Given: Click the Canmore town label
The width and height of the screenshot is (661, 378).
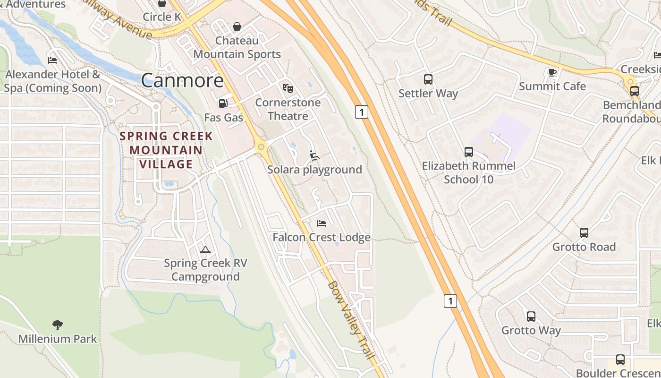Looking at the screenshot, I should (x=182, y=80).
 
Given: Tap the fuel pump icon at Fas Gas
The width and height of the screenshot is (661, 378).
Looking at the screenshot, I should (x=223, y=103).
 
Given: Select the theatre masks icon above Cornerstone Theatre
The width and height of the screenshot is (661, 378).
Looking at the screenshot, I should (x=288, y=88).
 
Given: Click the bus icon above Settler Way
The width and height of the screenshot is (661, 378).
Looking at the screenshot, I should (x=428, y=79).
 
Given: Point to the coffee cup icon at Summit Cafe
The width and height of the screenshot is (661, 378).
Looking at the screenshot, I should (x=552, y=72).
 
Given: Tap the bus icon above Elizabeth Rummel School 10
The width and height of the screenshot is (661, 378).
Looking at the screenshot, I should (x=468, y=152).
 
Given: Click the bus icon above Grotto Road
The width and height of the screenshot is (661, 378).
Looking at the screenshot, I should (x=584, y=232).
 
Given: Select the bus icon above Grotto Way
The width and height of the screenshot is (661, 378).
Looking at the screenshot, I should (x=531, y=316).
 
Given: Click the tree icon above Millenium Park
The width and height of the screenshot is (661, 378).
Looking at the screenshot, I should (x=58, y=325).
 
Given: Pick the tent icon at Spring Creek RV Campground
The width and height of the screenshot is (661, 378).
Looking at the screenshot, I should (x=205, y=249).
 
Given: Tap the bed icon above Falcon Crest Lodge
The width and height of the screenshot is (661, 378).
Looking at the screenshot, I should (x=322, y=223).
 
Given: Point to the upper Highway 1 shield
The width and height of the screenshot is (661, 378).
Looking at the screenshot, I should (x=361, y=112).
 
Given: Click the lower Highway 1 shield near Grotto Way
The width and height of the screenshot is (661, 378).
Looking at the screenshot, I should (x=450, y=301).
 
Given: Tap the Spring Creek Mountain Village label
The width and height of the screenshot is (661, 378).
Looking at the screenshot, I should (x=166, y=150).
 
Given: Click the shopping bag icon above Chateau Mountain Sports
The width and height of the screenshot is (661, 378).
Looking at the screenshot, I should (x=237, y=26).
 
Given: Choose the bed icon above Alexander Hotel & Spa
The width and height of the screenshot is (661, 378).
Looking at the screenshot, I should (x=52, y=60).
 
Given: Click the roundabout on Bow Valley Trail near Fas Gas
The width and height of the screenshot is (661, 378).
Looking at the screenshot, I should (x=261, y=148).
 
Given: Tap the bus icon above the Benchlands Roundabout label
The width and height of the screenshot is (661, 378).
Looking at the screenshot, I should (x=634, y=91).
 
